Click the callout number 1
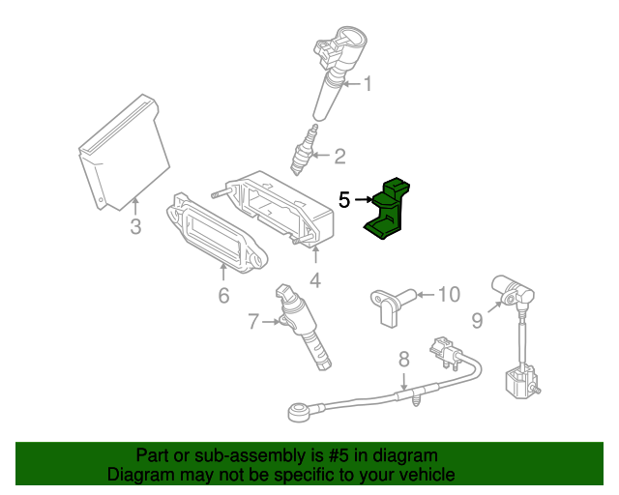pyautogui.click(x=368, y=84)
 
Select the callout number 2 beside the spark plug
pyautogui.click(x=339, y=156)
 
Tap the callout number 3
pyautogui.click(x=135, y=227)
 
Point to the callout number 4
pyautogui.click(x=315, y=280)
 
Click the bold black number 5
pyautogui.click(x=344, y=200)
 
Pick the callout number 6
pyautogui.click(x=223, y=296)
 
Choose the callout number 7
pyautogui.click(x=253, y=321)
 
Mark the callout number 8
pyautogui.click(x=404, y=360)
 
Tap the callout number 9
pyautogui.click(x=477, y=321)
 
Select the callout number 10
pyautogui.click(x=449, y=295)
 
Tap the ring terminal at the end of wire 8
pyautogui.click(x=297, y=411)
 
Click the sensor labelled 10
pyautogui.click(x=392, y=306)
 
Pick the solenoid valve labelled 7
pyautogui.click(x=302, y=326)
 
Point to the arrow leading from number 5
pyautogui.click(x=364, y=200)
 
